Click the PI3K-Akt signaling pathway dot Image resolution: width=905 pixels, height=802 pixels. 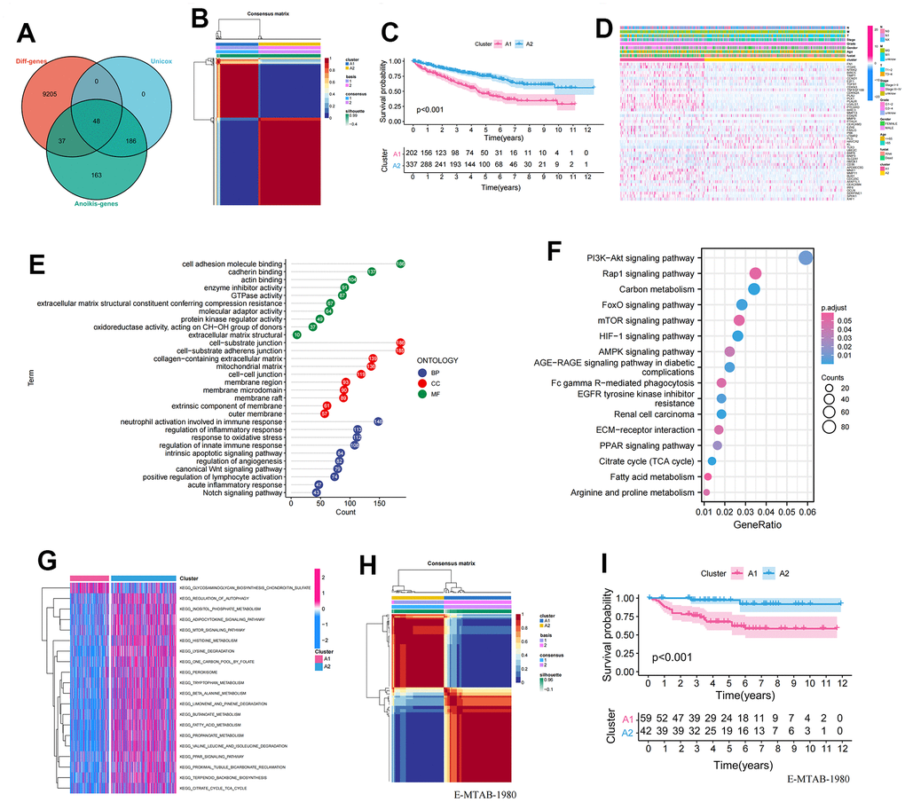pos(806,258)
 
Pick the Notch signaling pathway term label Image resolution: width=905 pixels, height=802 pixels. pos(233,492)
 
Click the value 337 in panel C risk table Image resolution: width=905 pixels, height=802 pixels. pos(411,164)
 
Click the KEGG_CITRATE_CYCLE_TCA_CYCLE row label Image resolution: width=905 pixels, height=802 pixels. pos(213,788)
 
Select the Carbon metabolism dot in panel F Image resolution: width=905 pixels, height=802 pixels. pos(753,289)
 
